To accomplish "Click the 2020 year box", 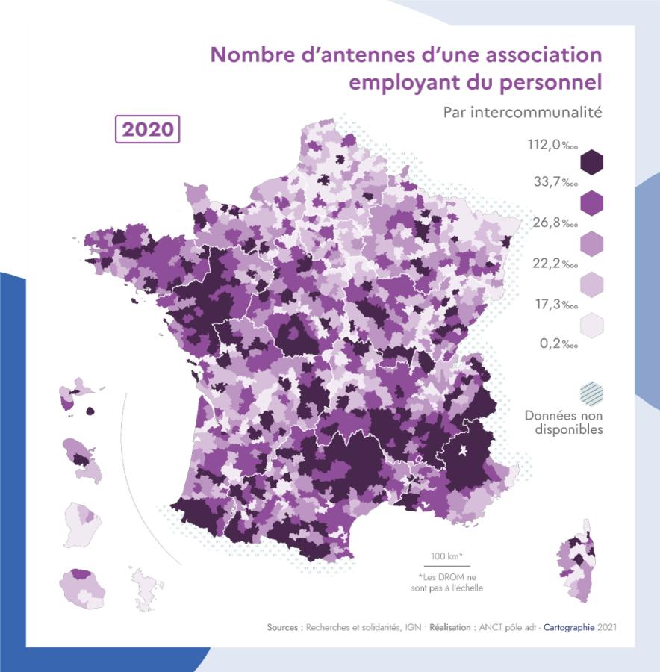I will coord(148,128).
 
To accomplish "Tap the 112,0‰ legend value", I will coord(553,145).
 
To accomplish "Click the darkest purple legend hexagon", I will coord(591,162).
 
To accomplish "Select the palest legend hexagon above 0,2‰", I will coord(591,326).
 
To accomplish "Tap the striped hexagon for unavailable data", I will coord(591,393).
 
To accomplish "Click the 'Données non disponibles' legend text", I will coord(564,423).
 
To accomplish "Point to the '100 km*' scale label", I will coord(446,556).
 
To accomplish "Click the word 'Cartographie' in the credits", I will coord(569,627).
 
